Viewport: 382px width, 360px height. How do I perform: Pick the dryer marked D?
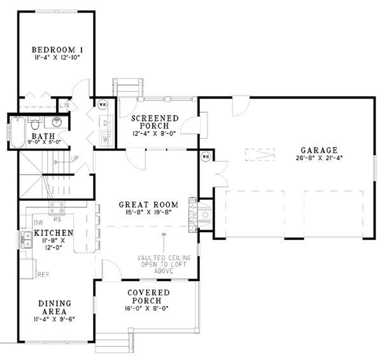[106, 122]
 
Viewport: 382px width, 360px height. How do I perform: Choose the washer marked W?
[106, 137]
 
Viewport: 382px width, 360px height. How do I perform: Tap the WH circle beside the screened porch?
[102, 104]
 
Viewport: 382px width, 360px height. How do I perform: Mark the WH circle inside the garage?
[206, 156]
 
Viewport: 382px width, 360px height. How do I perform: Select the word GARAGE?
[320, 151]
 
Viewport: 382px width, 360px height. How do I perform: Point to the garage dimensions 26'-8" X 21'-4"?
[320, 160]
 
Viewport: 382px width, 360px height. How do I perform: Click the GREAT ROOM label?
[148, 205]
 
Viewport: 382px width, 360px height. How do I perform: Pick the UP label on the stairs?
[74, 158]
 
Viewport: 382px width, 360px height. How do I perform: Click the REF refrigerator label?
[44, 275]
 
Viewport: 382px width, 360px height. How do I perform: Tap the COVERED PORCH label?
[148, 296]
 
